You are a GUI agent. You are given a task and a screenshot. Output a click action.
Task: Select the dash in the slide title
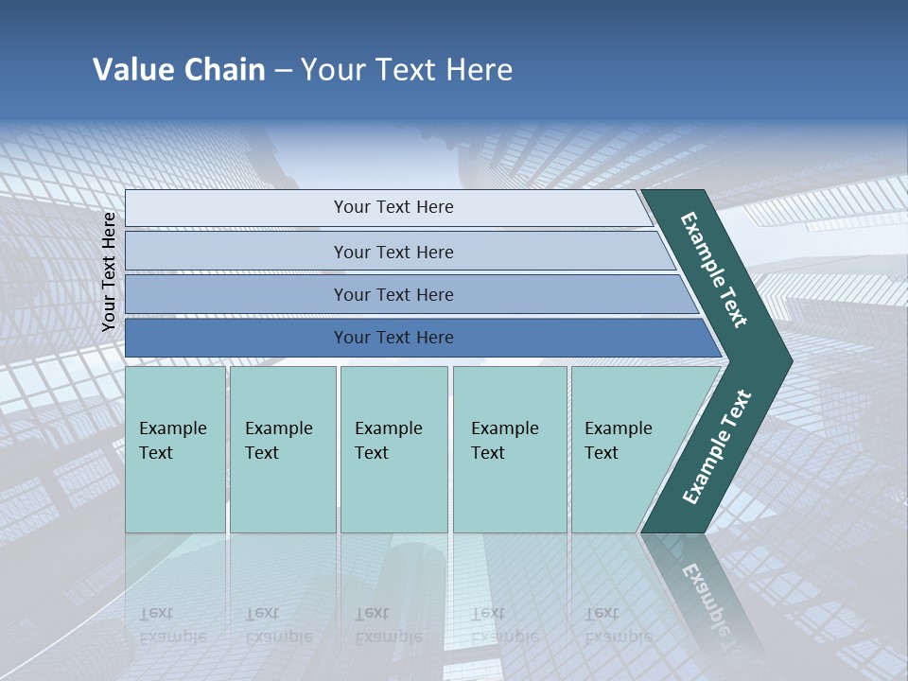click(283, 71)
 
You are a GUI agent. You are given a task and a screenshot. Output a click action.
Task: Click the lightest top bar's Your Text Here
click(393, 207)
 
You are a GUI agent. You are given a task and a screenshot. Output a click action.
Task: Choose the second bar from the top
click(393, 252)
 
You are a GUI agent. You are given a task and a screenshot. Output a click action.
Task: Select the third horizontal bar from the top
click(393, 294)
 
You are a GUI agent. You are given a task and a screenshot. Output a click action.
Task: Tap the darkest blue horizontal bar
click(393, 338)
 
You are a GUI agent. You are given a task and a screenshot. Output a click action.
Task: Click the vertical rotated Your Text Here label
click(109, 271)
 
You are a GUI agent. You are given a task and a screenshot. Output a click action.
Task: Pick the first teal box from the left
click(175, 449)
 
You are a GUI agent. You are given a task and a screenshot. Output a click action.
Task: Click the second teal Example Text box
click(282, 449)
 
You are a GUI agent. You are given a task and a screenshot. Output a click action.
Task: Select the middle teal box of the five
click(393, 449)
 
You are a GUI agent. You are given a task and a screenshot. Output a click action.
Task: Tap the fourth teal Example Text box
click(510, 449)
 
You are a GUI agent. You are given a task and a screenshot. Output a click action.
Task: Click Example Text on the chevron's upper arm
click(714, 270)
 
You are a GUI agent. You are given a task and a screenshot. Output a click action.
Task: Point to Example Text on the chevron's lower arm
click(716, 446)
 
